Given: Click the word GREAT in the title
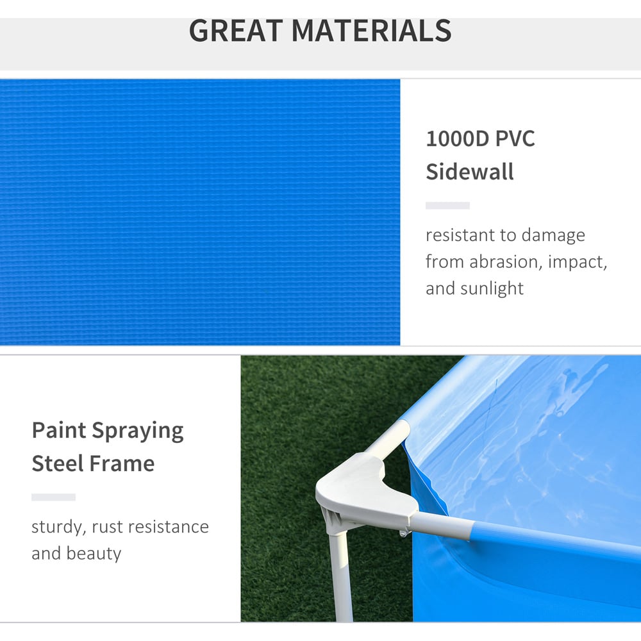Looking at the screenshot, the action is (x=237, y=31).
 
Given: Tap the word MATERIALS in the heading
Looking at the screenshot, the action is (x=372, y=31).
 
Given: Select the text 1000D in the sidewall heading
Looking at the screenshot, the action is (x=458, y=138).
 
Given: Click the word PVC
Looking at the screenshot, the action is (x=515, y=138).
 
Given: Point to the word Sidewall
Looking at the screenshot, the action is (x=470, y=172).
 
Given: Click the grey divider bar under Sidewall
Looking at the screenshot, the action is (x=447, y=206).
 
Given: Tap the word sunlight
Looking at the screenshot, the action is (x=492, y=288).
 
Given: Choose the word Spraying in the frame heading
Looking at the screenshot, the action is (x=137, y=431).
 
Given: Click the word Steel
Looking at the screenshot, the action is (x=58, y=463).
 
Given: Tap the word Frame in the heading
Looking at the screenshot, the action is (x=122, y=463).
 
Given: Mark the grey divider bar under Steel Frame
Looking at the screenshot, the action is (x=54, y=497).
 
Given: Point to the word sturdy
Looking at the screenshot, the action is (x=59, y=528).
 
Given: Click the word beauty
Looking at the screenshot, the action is (x=94, y=554).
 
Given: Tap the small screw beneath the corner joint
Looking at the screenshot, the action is (x=404, y=533).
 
